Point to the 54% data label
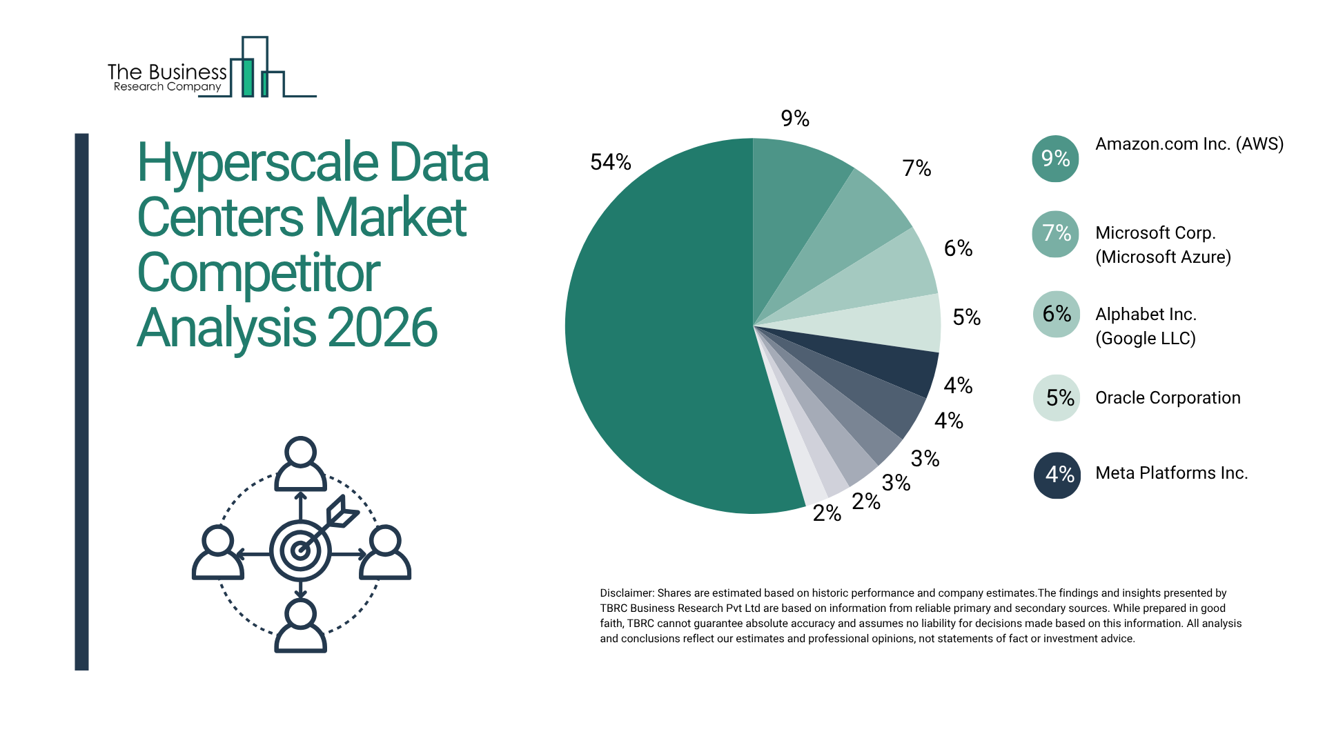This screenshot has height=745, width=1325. pyautogui.click(x=611, y=162)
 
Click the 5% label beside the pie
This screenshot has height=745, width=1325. pyautogui.click(x=966, y=317)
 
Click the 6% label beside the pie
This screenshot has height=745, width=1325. pyautogui.click(x=958, y=248)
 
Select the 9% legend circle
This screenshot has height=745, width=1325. pyautogui.click(x=1055, y=159)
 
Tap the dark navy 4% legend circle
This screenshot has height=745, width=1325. pyautogui.click(x=1057, y=475)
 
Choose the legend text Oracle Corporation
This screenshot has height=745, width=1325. pyautogui.click(x=1168, y=398)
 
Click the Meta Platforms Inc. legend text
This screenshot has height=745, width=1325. pyautogui.click(x=1171, y=473)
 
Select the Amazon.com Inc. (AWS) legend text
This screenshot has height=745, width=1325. pyautogui.click(x=1189, y=144)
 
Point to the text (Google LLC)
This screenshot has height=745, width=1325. pyautogui.click(x=1146, y=339)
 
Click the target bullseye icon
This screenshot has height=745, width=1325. pyautogui.click(x=300, y=550)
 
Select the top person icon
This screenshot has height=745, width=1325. pyautogui.click(x=300, y=464)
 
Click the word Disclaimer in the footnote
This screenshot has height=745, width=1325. pyautogui.click(x=626, y=593)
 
